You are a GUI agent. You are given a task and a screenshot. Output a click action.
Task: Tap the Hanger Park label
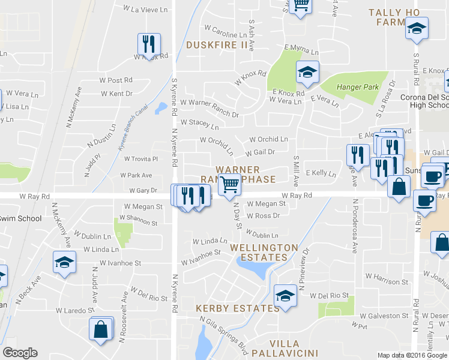[x=358, y=87]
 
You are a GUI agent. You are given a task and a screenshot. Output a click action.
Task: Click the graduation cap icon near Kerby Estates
[x=285, y=295]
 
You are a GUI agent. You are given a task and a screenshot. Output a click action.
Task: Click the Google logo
[x=20, y=353]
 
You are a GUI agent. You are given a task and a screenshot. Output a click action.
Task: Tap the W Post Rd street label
[x=116, y=80]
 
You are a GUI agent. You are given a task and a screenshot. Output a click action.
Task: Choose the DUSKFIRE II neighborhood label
[x=217, y=44]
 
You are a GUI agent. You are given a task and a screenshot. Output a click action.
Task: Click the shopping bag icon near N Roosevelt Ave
[x=100, y=329]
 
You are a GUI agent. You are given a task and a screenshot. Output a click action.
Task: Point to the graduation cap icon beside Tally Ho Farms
[x=416, y=28]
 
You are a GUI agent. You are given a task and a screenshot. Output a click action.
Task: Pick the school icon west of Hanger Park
[x=307, y=73]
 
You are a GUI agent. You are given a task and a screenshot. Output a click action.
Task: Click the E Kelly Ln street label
[x=321, y=173]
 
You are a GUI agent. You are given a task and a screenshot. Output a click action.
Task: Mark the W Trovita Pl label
[x=140, y=159]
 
